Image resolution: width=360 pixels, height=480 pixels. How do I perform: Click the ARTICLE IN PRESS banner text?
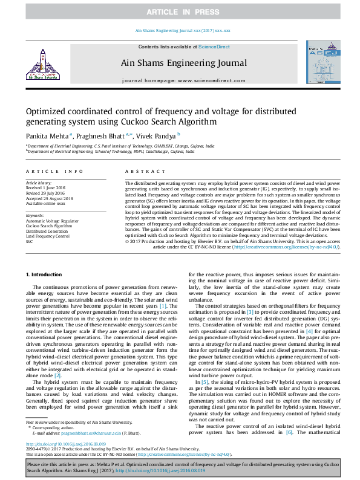click(x=180, y=11)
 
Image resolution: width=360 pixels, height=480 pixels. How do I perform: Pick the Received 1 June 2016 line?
click(x=45, y=187)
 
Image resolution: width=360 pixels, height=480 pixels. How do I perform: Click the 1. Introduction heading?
click(x=45, y=274)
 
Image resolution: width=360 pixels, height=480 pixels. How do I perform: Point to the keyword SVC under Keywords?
click(x=29, y=241)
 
